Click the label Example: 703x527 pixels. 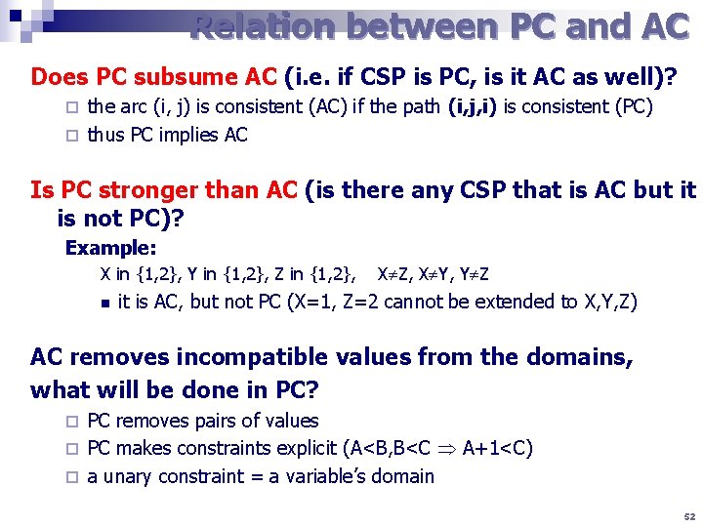110,248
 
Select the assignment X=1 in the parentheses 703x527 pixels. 315,302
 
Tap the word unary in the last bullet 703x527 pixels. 130,476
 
